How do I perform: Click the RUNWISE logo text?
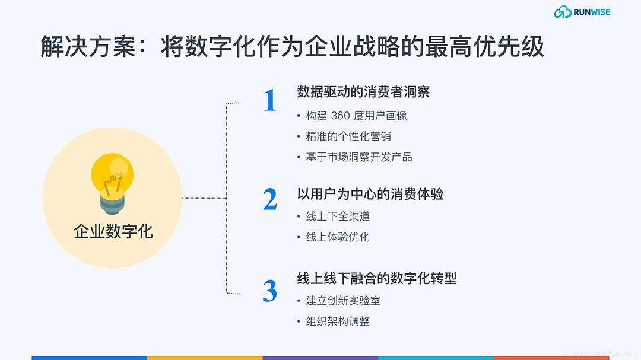592,12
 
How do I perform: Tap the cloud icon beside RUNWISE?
562,12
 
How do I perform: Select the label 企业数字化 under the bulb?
113,231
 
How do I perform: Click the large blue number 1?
270,101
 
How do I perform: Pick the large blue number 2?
270,200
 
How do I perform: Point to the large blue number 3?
270,291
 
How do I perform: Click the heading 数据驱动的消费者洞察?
363,92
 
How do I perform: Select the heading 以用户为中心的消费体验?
370,194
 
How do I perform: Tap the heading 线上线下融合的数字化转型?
376,278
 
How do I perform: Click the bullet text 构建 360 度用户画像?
356,116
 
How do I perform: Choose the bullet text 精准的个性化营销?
348,136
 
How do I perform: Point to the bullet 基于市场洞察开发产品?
359,157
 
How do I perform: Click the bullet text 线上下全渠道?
338,216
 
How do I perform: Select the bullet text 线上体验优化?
338,237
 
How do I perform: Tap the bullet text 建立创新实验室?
343,301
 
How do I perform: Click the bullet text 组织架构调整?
338,321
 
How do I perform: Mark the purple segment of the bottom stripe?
320,358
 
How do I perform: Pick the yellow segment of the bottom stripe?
205,358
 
